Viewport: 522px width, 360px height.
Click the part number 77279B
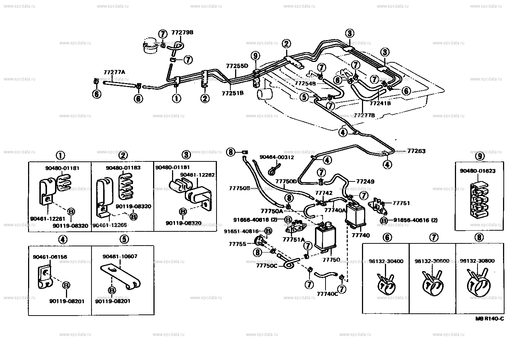pos(182,32)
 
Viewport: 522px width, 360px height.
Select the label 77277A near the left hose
pos(114,73)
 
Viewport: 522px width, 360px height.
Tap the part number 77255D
pos(237,66)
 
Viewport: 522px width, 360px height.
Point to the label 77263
pos(416,151)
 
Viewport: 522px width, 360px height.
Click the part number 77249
pos(365,181)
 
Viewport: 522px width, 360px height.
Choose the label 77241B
pos(380,103)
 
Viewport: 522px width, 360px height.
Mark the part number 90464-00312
pos(277,157)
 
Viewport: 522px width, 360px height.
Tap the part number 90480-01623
pos(477,171)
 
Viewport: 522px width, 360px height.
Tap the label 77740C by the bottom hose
pos(327,294)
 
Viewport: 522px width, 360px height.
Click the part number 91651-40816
pos(241,231)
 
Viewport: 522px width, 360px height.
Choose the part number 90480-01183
pos(123,168)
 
